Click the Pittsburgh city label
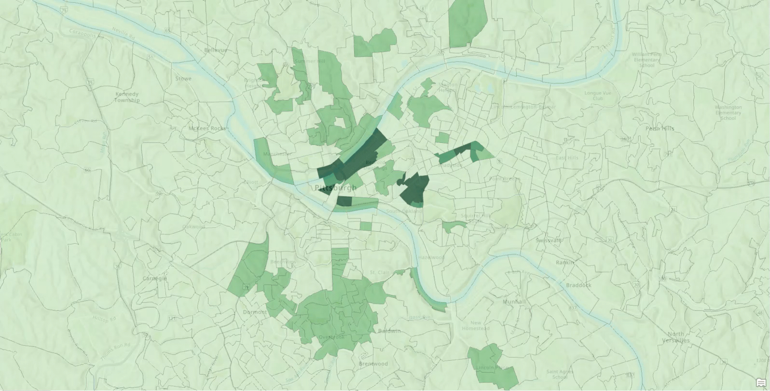coord(335,188)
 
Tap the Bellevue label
coord(215,50)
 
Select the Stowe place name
coord(183,78)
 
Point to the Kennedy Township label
coord(127,97)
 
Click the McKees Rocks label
coord(206,128)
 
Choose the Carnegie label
coord(154,279)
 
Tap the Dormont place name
coord(255,312)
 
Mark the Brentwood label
coord(373,363)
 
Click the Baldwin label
coord(389,331)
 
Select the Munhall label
coord(514,302)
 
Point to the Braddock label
coord(578,285)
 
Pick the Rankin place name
coord(565,263)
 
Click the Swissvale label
coord(549,240)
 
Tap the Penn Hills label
coord(660,128)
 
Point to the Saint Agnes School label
coord(560,374)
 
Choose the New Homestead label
coord(476,325)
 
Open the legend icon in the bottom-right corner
coord(761,383)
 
